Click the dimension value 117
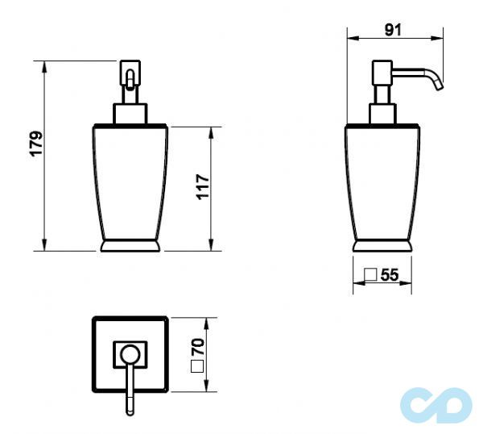click(202, 187)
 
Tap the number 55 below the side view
click(390, 275)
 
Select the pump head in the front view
click(130, 80)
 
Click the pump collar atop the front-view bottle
click(130, 112)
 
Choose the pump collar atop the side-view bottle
click(382, 113)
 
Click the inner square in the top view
click(130, 353)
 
